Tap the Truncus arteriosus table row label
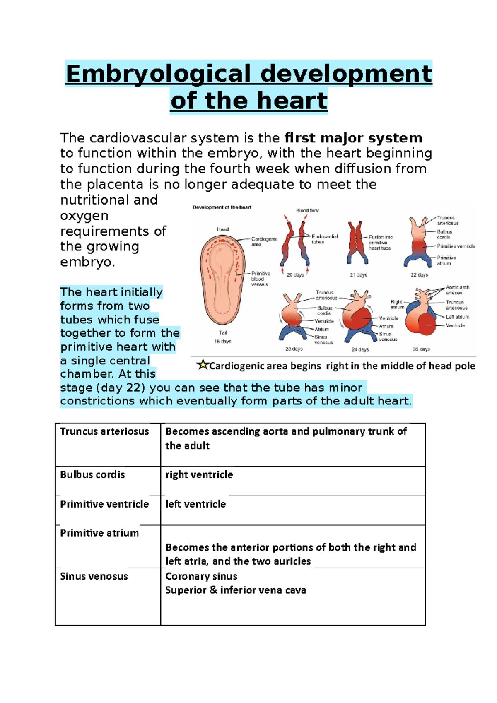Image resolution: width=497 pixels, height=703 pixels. coord(104,431)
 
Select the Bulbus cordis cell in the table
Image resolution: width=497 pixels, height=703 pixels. coord(92,474)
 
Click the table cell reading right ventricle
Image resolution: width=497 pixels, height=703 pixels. coord(199,474)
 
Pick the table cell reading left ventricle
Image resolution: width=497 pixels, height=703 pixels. coord(195,504)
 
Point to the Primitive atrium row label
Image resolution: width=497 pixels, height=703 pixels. coord(99,533)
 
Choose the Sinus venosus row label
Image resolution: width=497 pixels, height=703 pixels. coord(94,576)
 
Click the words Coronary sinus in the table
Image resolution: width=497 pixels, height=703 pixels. coord(201,576)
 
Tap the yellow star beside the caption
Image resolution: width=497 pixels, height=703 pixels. coord(203,365)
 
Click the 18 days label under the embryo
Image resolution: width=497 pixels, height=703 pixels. coord(223,342)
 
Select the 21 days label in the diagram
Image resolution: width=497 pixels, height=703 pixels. coord(359,275)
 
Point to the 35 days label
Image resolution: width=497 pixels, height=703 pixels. coord(421,349)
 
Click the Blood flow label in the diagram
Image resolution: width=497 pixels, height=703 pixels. coord(307,210)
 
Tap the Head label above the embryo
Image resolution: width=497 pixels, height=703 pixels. coord(223,229)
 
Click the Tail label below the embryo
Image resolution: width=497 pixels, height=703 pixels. coord(223,332)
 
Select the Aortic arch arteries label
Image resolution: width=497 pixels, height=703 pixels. coord(457,290)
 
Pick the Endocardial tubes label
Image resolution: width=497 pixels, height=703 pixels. coord(324,239)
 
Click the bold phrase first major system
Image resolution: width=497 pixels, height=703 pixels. coord(353,138)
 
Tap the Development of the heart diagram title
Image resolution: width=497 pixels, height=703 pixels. coord(222,207)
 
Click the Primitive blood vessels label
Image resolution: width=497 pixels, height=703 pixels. coord(261,279)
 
